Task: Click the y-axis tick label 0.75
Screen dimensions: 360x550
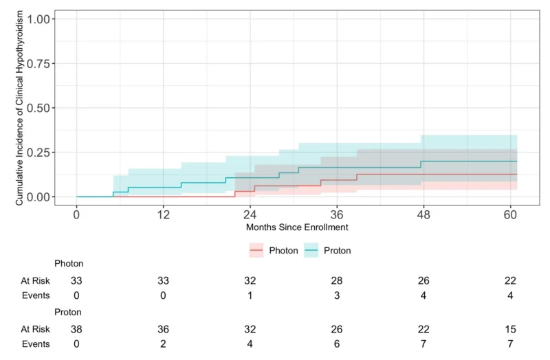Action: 37,63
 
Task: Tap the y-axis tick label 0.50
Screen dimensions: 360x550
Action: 37,108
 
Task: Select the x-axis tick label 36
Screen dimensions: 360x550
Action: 336,214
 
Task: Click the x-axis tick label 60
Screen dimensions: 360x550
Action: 509,214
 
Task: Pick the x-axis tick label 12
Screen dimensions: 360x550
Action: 163,214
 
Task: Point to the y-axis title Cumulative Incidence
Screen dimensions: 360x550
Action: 20,108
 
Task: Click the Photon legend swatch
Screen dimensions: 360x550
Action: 256,251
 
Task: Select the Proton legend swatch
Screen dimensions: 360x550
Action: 309,251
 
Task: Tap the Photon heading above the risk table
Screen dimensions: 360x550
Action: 69,263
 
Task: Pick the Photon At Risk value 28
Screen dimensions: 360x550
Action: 336,280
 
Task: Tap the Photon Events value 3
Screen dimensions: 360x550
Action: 336,295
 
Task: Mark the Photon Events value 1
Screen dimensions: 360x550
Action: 250,295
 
